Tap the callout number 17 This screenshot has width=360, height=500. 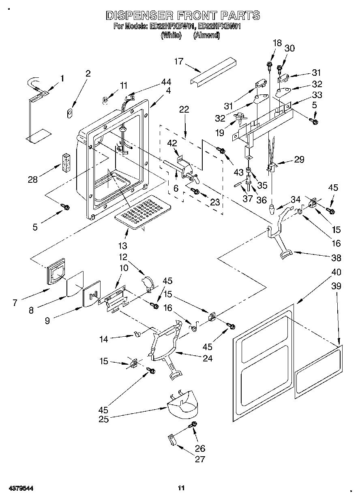(179, 62)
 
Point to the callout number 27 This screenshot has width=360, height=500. (200, 459)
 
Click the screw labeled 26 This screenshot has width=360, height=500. (193, 425)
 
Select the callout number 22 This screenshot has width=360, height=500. (184, 109)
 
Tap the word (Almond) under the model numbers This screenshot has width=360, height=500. (206, 36)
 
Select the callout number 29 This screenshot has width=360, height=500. (299, 159)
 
